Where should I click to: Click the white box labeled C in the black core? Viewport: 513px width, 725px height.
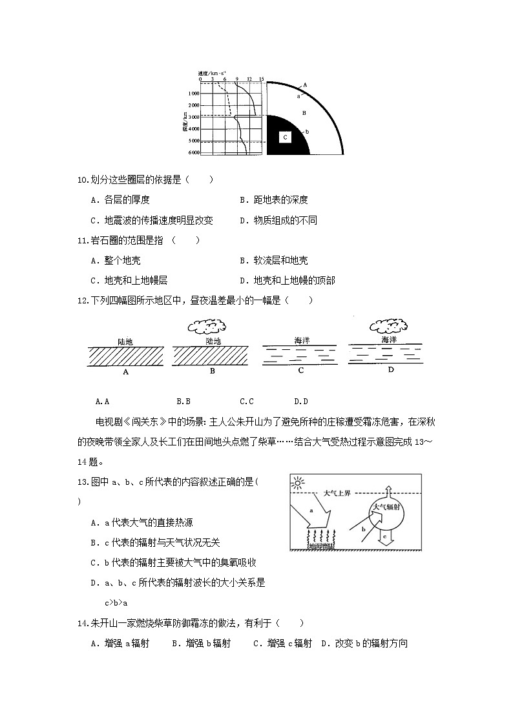285,137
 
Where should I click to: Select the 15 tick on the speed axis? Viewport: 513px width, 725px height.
261,79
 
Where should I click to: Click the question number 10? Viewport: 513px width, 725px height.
82,179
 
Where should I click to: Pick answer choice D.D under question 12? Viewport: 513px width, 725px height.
300,401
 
